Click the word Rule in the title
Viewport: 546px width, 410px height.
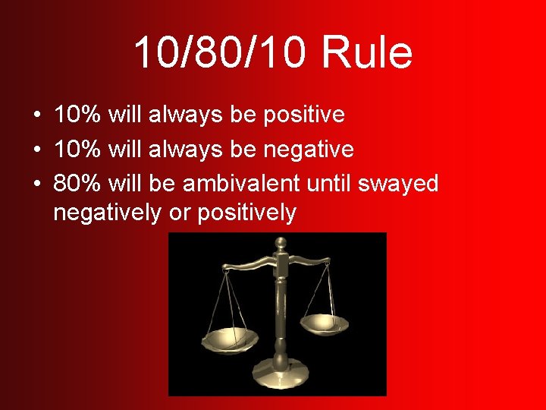(367, 53)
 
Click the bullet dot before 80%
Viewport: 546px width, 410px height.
(36, 184)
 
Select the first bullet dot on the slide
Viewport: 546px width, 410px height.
(36, 115)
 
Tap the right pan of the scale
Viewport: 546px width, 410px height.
(324, 323)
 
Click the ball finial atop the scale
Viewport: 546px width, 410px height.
(281, 244)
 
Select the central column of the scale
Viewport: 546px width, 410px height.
(281, 311)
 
